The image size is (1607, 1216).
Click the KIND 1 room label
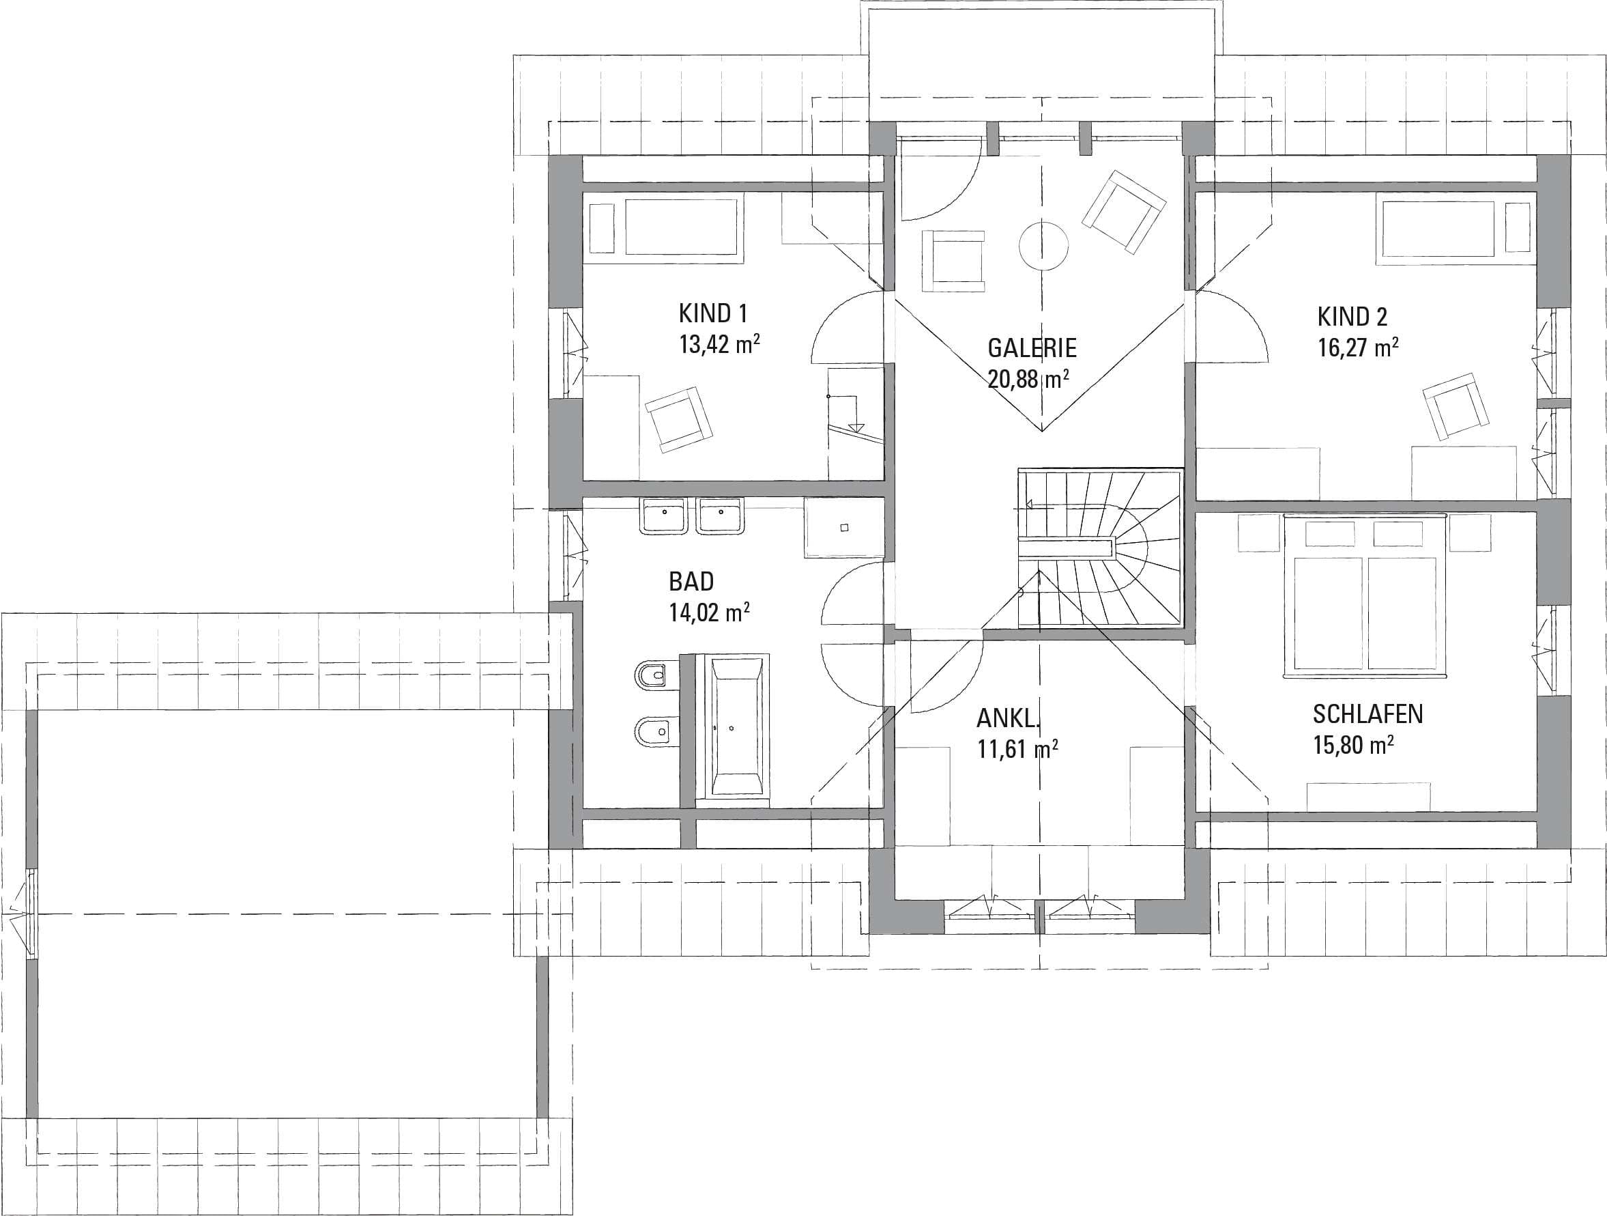click(x=712, y=313)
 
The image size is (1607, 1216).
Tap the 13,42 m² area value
click(x=719, y=344)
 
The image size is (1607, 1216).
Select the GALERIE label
click(x=1032, y=348)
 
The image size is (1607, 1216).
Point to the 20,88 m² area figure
click(x=1028, y=379)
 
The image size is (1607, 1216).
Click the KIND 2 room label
click(x=1352, y=317)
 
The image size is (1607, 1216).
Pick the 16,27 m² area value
click(x=1359, y=348)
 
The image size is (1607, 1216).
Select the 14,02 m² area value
click(x=709, y=612)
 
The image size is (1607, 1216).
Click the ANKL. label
click(x=1009, y=719)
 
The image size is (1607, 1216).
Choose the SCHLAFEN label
click(x=1368, y=714)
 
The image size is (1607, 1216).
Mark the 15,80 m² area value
click(x=1353, y=745)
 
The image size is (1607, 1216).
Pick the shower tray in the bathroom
click(x=844, y=528)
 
